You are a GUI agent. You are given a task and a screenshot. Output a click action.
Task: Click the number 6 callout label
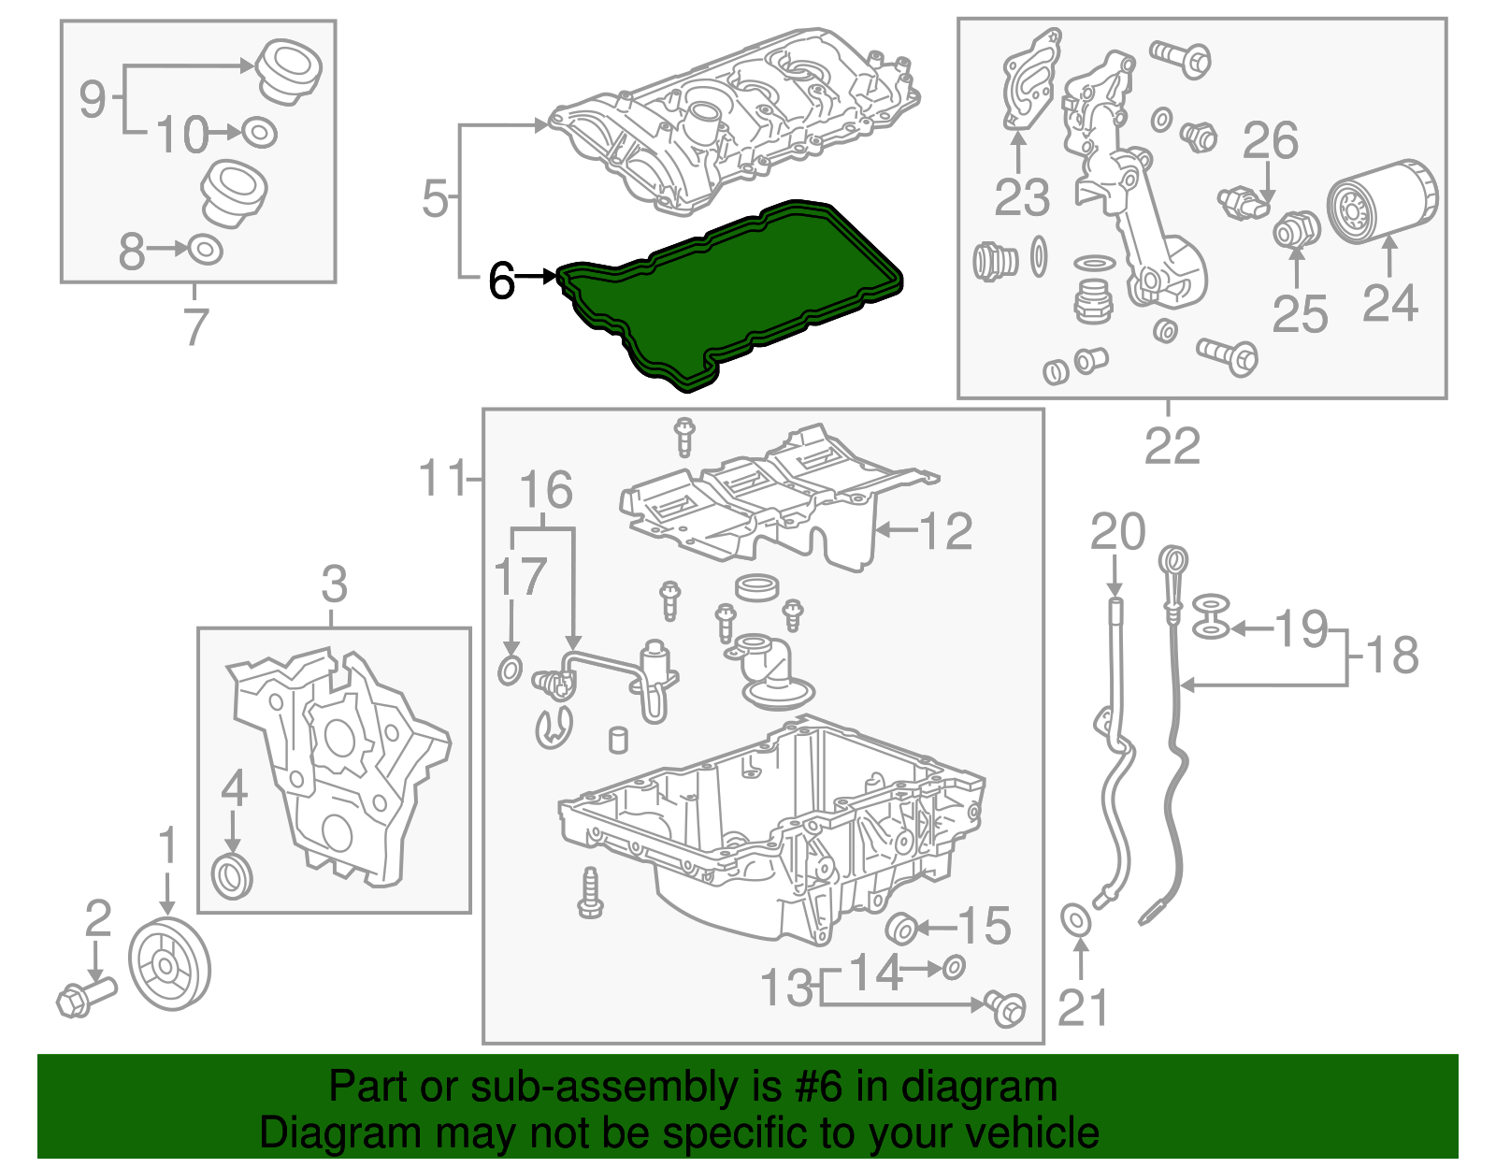coord(501,280)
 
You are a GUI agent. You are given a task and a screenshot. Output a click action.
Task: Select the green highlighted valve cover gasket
coord(729,290)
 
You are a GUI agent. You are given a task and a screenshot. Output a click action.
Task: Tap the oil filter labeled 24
coord(1382,202)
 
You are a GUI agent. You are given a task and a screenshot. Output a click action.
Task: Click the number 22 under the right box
coord(1172,446)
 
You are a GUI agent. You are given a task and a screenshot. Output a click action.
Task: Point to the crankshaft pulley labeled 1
coord(169,965)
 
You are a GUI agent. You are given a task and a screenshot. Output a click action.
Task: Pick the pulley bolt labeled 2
coord(84,997)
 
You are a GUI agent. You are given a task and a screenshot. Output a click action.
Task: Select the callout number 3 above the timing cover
coord(334,584)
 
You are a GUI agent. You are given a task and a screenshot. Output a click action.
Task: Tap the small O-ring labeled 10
coord(259,133)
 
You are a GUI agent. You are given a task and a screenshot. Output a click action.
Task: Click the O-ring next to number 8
coord(206,250)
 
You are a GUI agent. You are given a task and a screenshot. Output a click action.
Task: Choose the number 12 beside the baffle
coord(946,531)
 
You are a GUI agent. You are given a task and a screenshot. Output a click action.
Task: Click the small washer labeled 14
coord(953,967)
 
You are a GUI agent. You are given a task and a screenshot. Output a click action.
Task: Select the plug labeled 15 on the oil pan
coord(901,929)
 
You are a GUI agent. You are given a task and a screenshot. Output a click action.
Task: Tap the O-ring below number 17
coord(510,670)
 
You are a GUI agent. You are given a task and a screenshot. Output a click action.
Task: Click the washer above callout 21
coord(1076,918)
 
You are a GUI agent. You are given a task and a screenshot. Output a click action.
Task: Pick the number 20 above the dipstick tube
coord(1117,532)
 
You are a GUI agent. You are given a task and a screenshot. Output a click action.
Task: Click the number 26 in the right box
coord(1270,140)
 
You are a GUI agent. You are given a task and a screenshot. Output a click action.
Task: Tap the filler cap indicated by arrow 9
coord(290,69)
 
